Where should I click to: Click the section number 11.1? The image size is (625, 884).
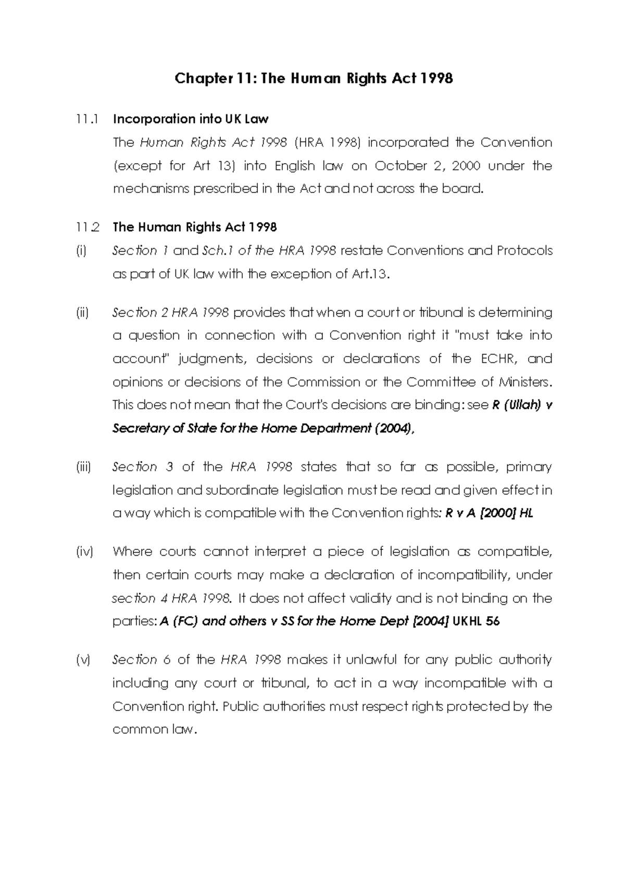point(86,119)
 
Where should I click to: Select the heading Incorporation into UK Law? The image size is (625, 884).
point(191,119)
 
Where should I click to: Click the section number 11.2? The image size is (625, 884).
point(86,227)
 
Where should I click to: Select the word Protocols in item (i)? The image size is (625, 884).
point(524,251)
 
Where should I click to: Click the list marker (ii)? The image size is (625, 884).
point(82,313)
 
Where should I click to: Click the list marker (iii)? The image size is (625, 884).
point(84,467)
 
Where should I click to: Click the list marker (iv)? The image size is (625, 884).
point(84,552)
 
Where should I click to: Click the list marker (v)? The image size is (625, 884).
point(82,660)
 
